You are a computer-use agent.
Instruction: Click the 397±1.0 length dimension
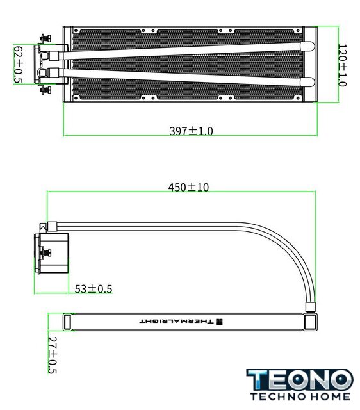point(191,131)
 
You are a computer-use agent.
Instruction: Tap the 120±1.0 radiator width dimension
point(342,65)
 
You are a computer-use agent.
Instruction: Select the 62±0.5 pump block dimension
point(18,65)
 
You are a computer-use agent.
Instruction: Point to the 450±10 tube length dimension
point(188,187)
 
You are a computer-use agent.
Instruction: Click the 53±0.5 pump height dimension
point(94,289)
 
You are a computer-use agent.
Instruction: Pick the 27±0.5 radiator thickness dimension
point(53,355)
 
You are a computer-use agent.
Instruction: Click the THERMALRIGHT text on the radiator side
point(176,321)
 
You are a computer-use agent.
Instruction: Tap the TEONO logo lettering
point(300,380)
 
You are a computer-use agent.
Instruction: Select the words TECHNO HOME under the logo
point(300,397)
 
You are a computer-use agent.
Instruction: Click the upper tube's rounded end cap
point(307,46)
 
